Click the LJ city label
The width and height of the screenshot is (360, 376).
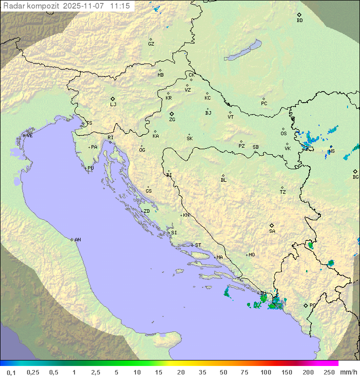point(113,105)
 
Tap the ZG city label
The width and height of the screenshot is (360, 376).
point(172,120)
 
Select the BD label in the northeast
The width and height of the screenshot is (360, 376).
point(299,21)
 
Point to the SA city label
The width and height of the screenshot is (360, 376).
point(272,231)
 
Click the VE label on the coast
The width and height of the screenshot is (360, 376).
point(29,136)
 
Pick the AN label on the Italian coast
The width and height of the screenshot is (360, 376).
point(77,240)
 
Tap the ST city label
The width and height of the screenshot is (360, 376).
point(198,245)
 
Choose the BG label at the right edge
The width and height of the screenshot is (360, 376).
point(355,177)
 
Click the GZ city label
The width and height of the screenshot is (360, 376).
point(151,44)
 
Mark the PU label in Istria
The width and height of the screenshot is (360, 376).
point(90,168)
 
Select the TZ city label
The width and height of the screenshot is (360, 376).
point(283,192)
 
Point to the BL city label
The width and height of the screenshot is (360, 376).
point(223,180)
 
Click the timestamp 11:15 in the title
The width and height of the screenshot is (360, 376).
point(120,6)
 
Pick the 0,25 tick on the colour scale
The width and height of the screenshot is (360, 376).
point(33,372)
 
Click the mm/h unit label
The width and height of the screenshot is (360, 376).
point(348,372)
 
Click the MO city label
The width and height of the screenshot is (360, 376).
point(251,255)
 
